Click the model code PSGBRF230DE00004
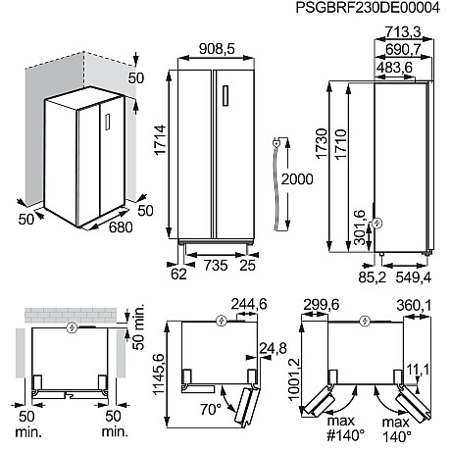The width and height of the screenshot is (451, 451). point(368,8)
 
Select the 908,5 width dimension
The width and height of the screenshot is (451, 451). point(217,49)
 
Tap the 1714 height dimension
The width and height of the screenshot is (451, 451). point(161,140)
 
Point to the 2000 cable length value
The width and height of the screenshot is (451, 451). point(297,179)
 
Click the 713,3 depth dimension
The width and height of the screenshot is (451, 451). point(403,32)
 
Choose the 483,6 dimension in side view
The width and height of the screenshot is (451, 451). point(394,68)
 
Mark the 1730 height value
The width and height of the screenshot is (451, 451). point(322,144)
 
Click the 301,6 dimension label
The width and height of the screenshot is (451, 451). point(360,227)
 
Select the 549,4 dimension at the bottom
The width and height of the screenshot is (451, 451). point(414,277)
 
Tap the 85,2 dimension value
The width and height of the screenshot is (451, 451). point(373,277)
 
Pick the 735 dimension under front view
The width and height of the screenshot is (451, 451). point(216,265)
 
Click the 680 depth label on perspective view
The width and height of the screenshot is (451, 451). point(121,227)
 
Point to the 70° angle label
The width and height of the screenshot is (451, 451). point(211,409)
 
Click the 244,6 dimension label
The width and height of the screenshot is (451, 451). point(249,304)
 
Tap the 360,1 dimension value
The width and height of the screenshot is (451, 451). point(414,306)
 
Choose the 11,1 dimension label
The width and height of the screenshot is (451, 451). point(418,370)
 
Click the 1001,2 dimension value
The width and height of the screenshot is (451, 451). point(294,378)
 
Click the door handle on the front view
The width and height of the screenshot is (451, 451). point(225,95)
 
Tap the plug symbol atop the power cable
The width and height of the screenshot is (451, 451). point(276,142)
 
